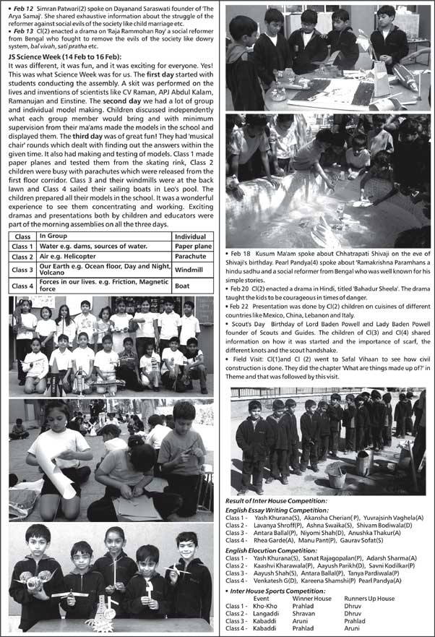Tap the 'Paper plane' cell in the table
[193, 247]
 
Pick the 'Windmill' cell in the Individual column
[189, 270]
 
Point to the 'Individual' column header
[191, 236]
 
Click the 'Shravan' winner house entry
[304, 613]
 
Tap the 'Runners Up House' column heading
[369, 599]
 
